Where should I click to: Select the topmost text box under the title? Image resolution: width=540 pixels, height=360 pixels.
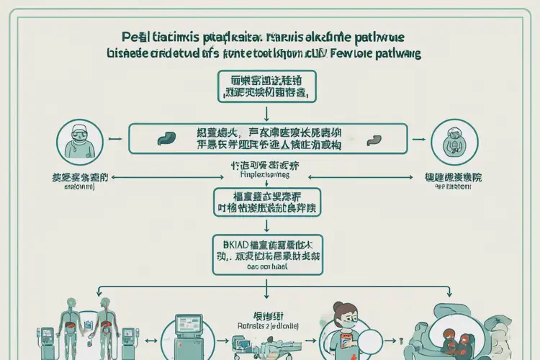pyautogui.click(x=267, y=86)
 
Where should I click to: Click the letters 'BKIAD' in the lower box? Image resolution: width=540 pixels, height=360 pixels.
pyautogui.click(x=230, y=243)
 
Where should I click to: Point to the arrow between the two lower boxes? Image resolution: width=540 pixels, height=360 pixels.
pyautogui.click(x=268, y=223)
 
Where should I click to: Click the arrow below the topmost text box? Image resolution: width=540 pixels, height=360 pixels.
pyautogui.click(x=268, y=112)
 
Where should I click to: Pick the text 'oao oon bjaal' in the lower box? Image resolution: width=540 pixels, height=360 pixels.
pyautogui.click(x=268, y=267)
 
